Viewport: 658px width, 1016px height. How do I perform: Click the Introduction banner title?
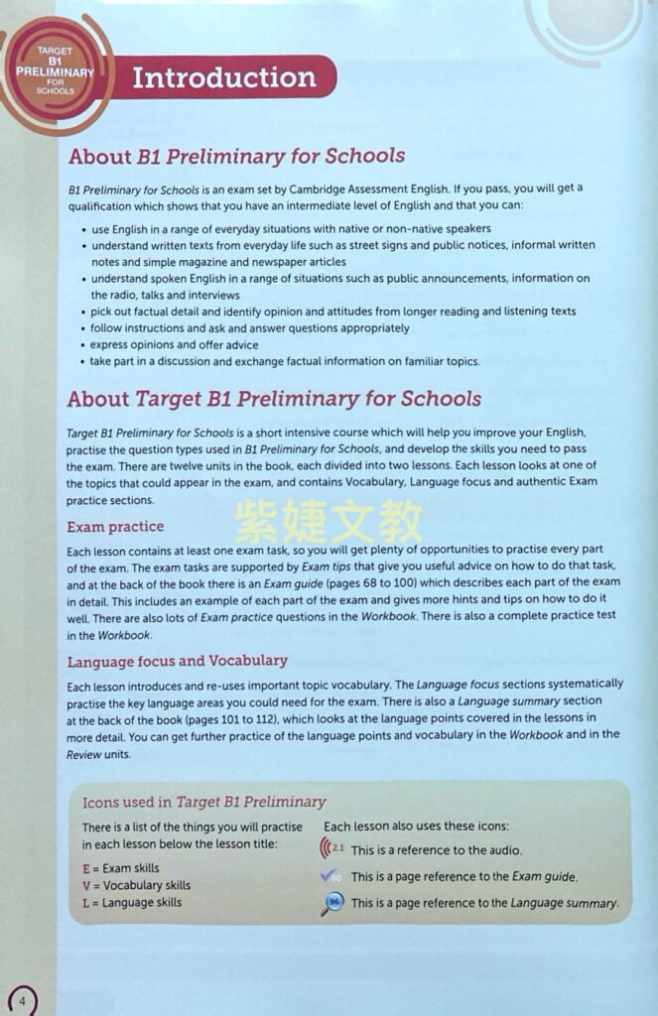point(223,78)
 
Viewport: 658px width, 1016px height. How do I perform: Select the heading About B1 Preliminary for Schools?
point(236,156)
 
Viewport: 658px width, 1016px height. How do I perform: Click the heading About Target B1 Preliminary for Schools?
point(274,399)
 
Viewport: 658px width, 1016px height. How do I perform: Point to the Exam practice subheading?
point(115,526)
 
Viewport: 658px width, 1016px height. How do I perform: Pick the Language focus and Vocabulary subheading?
point(177,661)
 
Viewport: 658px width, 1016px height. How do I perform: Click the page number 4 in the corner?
point(21,999)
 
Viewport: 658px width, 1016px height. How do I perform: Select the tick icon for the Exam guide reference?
point(331,876)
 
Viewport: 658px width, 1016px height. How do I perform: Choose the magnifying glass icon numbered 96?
point(332,903)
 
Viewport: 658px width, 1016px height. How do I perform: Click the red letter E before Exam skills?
point(86,868)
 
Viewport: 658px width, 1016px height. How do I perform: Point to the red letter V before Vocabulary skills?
point(86,885)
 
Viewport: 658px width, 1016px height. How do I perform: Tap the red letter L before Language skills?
point(86,903)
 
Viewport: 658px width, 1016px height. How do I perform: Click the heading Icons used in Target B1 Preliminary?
point(203,802)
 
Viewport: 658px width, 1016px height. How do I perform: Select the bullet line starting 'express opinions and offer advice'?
point(174,345)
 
